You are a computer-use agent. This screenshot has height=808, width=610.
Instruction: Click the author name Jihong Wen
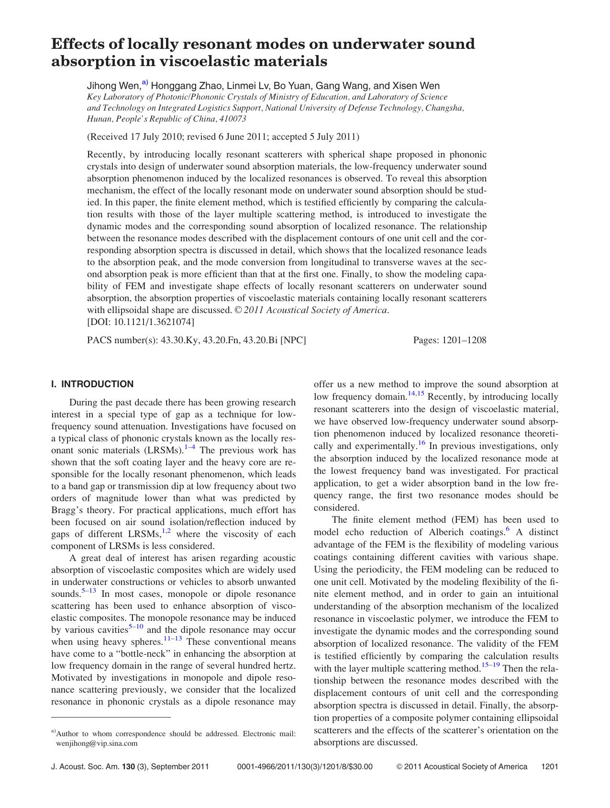coord(113,86)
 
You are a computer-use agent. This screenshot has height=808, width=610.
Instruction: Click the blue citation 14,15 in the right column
coord(416,394)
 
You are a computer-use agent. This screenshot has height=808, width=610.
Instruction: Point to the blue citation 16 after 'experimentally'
coord(421,443)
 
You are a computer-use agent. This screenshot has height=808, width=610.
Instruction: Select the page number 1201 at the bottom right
coord(549,767)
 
